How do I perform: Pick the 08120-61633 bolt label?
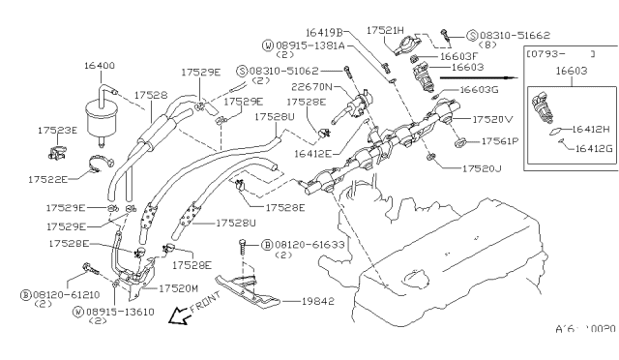coord(294,246)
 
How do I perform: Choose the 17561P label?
coord(501,140)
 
